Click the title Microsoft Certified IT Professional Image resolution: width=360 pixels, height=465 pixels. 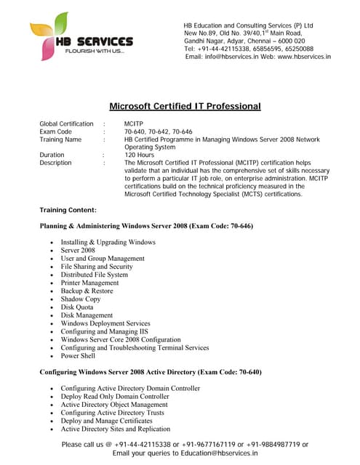tap(185, 106)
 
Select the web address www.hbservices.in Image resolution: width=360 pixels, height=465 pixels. tap(304, 56)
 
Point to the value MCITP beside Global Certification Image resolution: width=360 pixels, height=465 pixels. tap(134, 124)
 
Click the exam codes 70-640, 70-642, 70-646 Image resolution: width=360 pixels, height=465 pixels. tap(158, 132)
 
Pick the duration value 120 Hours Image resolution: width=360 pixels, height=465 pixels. tap(139, 155)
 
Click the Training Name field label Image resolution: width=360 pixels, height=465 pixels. tap(60, 139)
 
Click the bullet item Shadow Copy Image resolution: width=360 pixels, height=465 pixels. tap(81, 299)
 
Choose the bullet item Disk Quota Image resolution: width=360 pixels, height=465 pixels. tap(78, 307)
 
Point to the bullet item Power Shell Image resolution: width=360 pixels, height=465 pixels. tap(79, 356)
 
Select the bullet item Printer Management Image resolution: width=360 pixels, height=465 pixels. tap(89, 283)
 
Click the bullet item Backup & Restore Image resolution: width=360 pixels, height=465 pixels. tap(87, 291)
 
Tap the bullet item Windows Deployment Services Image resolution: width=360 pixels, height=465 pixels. tap(105, 323)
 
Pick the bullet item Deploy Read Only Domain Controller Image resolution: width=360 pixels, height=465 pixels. tap(115, 397)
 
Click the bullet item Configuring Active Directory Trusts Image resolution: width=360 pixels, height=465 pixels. tap(112, 413)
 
